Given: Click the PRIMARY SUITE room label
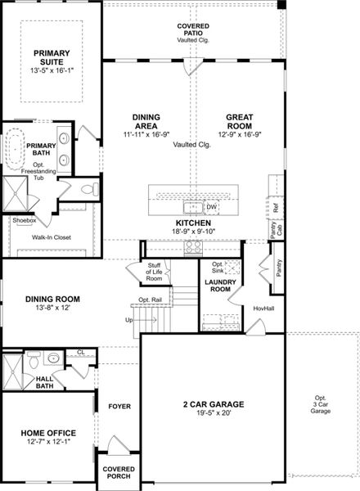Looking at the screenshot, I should [51, 57].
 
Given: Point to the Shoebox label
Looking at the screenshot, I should [24, 220].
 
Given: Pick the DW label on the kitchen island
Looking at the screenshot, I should [211, 207].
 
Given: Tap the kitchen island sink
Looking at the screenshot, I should [194, 207].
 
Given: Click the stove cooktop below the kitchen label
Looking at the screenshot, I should [194, 246].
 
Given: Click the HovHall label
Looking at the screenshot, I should [263, 309].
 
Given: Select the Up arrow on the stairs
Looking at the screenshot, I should [128, 320].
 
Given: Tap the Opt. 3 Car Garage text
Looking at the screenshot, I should [321, 405].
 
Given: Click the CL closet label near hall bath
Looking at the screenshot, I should [80, 352].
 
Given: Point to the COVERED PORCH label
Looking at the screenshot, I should [118, 472].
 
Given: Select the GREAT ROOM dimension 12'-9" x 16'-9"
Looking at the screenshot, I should [238, 133].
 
